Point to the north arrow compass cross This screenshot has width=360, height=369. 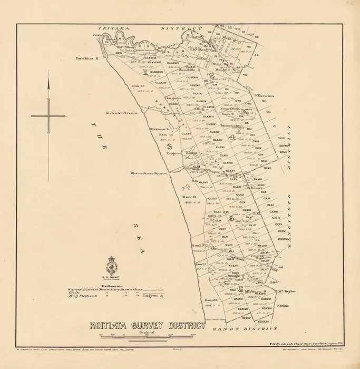coord(48,115)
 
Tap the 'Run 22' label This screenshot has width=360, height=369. coord(211,299)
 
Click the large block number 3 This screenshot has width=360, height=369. coord(170,146)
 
